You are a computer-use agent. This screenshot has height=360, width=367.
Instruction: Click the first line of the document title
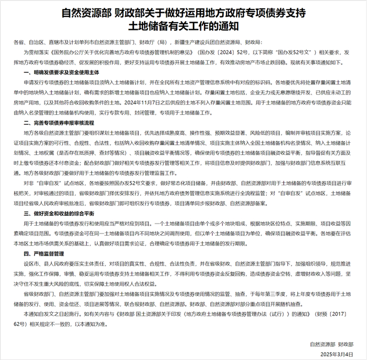click(x=183, y=12)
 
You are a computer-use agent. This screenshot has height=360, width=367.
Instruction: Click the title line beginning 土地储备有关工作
click(x=183, y=24)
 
